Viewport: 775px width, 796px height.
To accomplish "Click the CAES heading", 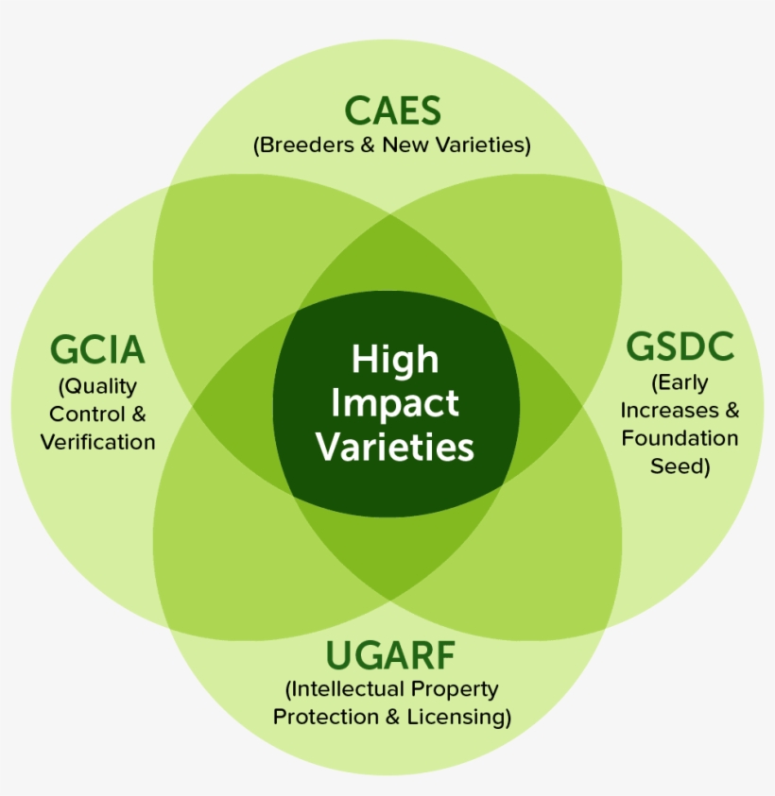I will tap(392, 110).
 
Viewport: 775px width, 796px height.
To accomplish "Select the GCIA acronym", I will tap(97, 350).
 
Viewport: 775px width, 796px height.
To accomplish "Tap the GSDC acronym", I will tap(680, 347).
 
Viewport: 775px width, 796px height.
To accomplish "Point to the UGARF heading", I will tap(391, 654).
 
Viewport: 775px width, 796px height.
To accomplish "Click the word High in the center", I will tap(395, 359).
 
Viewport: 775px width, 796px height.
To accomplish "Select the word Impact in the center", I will tap(395, 402).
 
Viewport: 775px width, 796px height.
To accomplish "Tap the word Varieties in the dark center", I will tap(395, 446).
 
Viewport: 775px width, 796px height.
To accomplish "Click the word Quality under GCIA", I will tap(100, 386).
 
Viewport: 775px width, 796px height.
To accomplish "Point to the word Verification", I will tap(97, 441).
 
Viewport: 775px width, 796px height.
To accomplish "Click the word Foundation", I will tap(680, 438).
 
